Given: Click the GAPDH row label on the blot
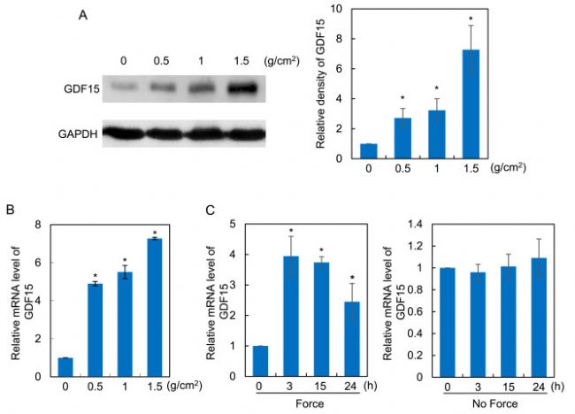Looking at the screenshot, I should pos(77,134).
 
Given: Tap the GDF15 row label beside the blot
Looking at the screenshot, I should pos(80,88).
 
